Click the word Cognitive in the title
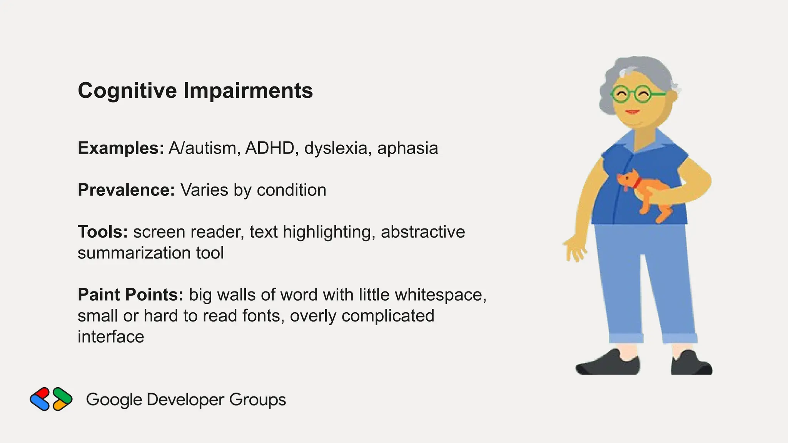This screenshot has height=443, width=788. (x=127, y=91)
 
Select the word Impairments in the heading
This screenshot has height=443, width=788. (x=248, y=91)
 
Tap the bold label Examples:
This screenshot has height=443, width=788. (x=121, y=148)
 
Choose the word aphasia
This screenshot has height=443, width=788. (x=407, y=148)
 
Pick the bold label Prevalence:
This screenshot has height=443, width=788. (x=126, y=190)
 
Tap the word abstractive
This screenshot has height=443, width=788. (x=423, y=232)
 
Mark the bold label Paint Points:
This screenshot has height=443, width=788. (x=130, y=295)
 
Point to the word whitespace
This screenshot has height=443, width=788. (x=441, y=295)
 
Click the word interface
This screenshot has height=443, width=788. (x=111, y=337)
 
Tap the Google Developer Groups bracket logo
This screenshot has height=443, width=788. (x=51, y=399)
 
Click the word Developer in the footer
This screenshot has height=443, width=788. (x=185, y=400)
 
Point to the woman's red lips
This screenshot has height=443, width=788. (x=632, y=112)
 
